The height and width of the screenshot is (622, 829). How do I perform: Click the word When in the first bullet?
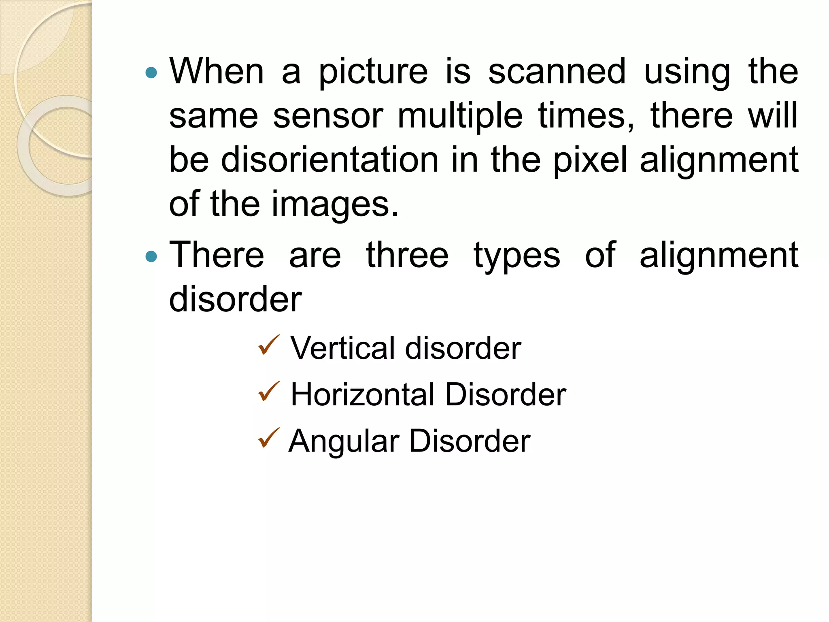pyautogui.click(x=217, y=71)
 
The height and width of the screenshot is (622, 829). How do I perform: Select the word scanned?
pyautogui.click(x=557, y=71)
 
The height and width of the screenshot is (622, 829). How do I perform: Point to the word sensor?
pyautogui.click(x=328, y=117)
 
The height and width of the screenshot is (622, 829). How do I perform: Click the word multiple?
pyautogui.click(x=460, y=117)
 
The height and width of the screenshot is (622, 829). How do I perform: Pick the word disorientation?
pyautogui.click(x=330, y=160)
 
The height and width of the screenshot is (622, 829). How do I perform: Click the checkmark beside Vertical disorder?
pyautogui.click(x=268, y=345)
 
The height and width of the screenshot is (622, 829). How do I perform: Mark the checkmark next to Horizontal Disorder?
pyautogui.click(x=268, y=392)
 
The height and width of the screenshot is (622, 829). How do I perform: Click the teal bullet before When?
pyautogui.click(x=151, y=73)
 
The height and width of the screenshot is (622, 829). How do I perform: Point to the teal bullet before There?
pyautogui.click(x=151, y=256)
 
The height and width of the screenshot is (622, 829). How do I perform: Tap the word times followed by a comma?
pyautogui.click(x=585, y=117)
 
